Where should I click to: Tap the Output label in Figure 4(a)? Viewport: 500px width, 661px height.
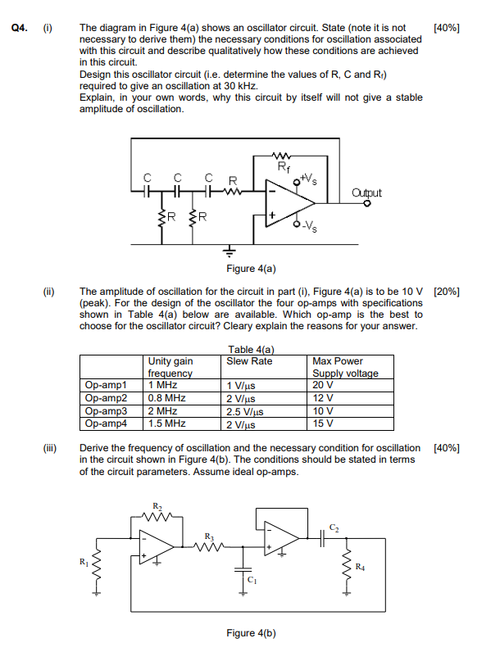pos(366,192)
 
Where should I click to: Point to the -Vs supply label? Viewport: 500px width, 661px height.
pos(313,230)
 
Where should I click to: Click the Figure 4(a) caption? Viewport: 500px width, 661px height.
pos(251,268)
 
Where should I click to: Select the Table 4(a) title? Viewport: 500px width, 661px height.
pos(250,351)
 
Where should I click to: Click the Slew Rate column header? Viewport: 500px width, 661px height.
pos(250,361)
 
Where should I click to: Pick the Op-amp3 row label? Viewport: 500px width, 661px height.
pos(107,411)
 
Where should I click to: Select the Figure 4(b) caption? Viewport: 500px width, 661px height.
pos(251,633)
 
